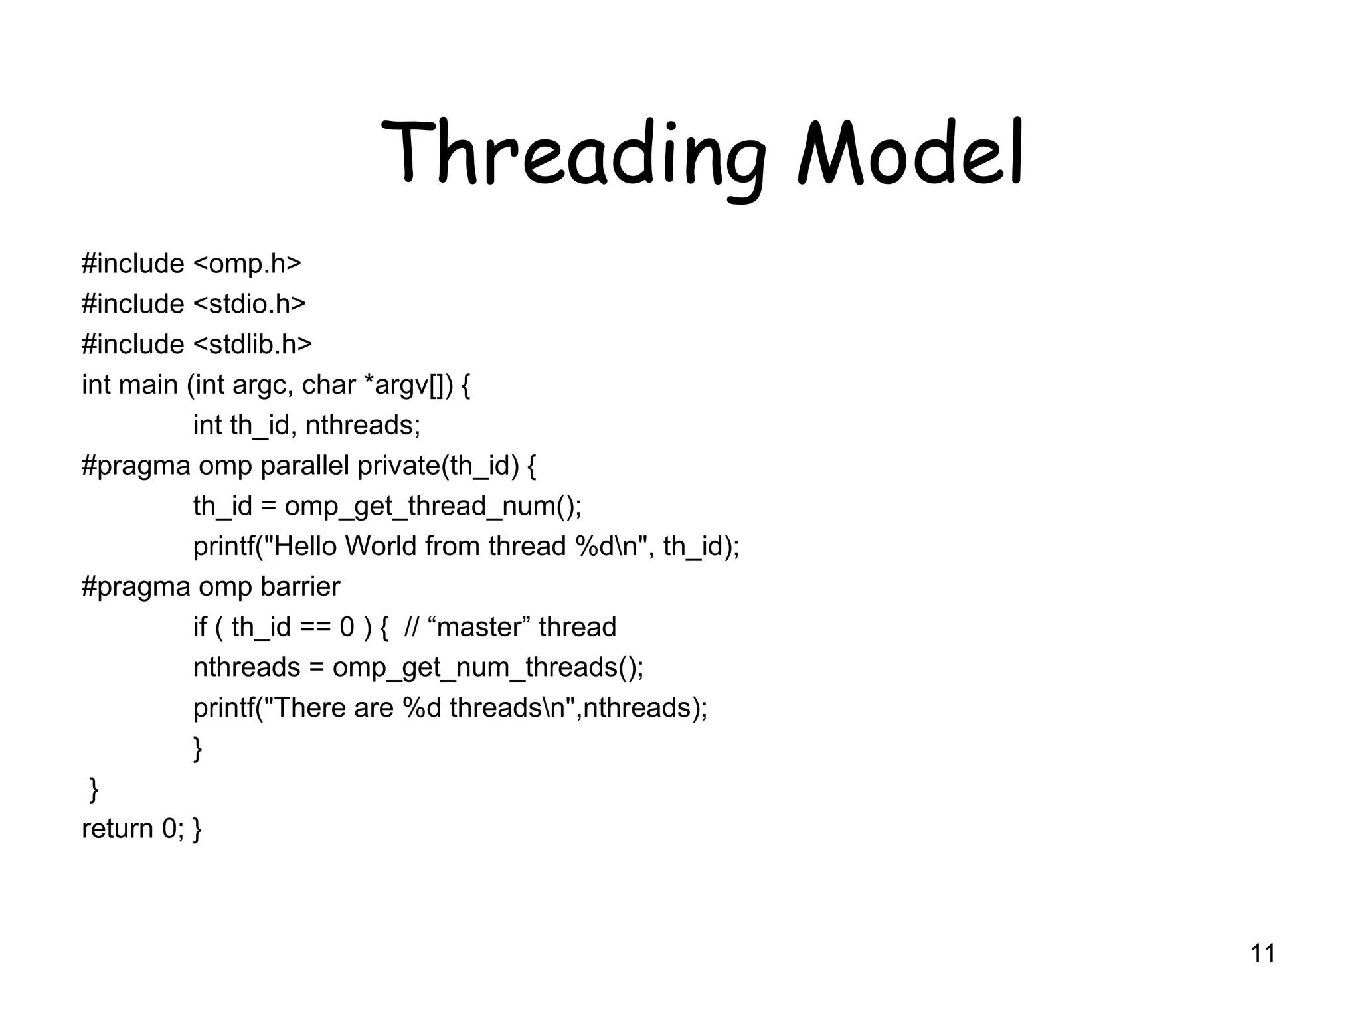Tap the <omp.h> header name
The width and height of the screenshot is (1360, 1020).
247,264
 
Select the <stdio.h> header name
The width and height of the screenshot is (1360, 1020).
250,304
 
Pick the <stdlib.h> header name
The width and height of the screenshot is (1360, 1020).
252,345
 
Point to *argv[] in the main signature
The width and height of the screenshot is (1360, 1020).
404,385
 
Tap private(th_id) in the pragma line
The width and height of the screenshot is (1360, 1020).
438,466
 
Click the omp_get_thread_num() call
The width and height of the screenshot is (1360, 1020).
432,507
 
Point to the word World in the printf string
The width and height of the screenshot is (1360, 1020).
381,547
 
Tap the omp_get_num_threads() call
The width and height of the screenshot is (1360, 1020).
487,667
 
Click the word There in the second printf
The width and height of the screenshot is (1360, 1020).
310,708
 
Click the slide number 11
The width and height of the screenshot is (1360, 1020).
1262,954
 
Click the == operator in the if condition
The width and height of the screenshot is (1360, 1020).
315,628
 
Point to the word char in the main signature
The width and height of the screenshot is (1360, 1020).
329,385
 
